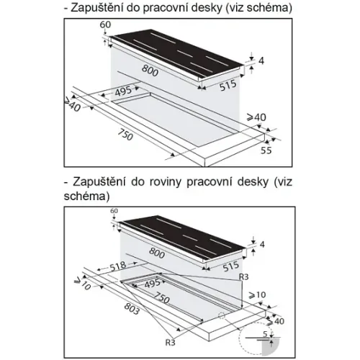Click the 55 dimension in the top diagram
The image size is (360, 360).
pyautogui.click(x=266, y=150)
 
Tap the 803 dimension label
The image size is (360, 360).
pyautogui.click(x=132, y=308)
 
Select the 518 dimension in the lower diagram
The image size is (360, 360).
pyautogui.click(x=118, y=266)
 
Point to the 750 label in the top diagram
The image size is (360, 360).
pyautogui.click(x=125, y=135)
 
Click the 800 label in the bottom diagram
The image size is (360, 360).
pyautogui.click(x=157, y=253)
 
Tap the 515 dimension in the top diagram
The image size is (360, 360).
pyautogui.click(x=228, y=86)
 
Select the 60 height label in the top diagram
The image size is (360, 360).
pyautogui.click(x=105, y=24)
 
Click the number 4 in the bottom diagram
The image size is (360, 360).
pyautogui.click(x=262, y=245)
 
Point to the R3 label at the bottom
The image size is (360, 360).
pyautogui.click(x=171, y=343)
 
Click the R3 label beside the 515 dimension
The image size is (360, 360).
pyautogui.click(x=243, y=277)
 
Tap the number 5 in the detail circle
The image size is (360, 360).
pyautogui.click(x=265, y=334)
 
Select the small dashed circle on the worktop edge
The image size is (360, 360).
pyautogui.click(x=222, y=316)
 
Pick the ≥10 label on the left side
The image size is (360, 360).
pyautogui.click(x=82, y=284)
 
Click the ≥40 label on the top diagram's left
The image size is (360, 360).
pyautogui.click(x=73, y=106)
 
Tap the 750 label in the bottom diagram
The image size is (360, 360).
pyautogui.click(x=161, y=297)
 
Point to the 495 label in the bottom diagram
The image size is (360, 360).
pyautogui.click(x=153, y=284)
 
